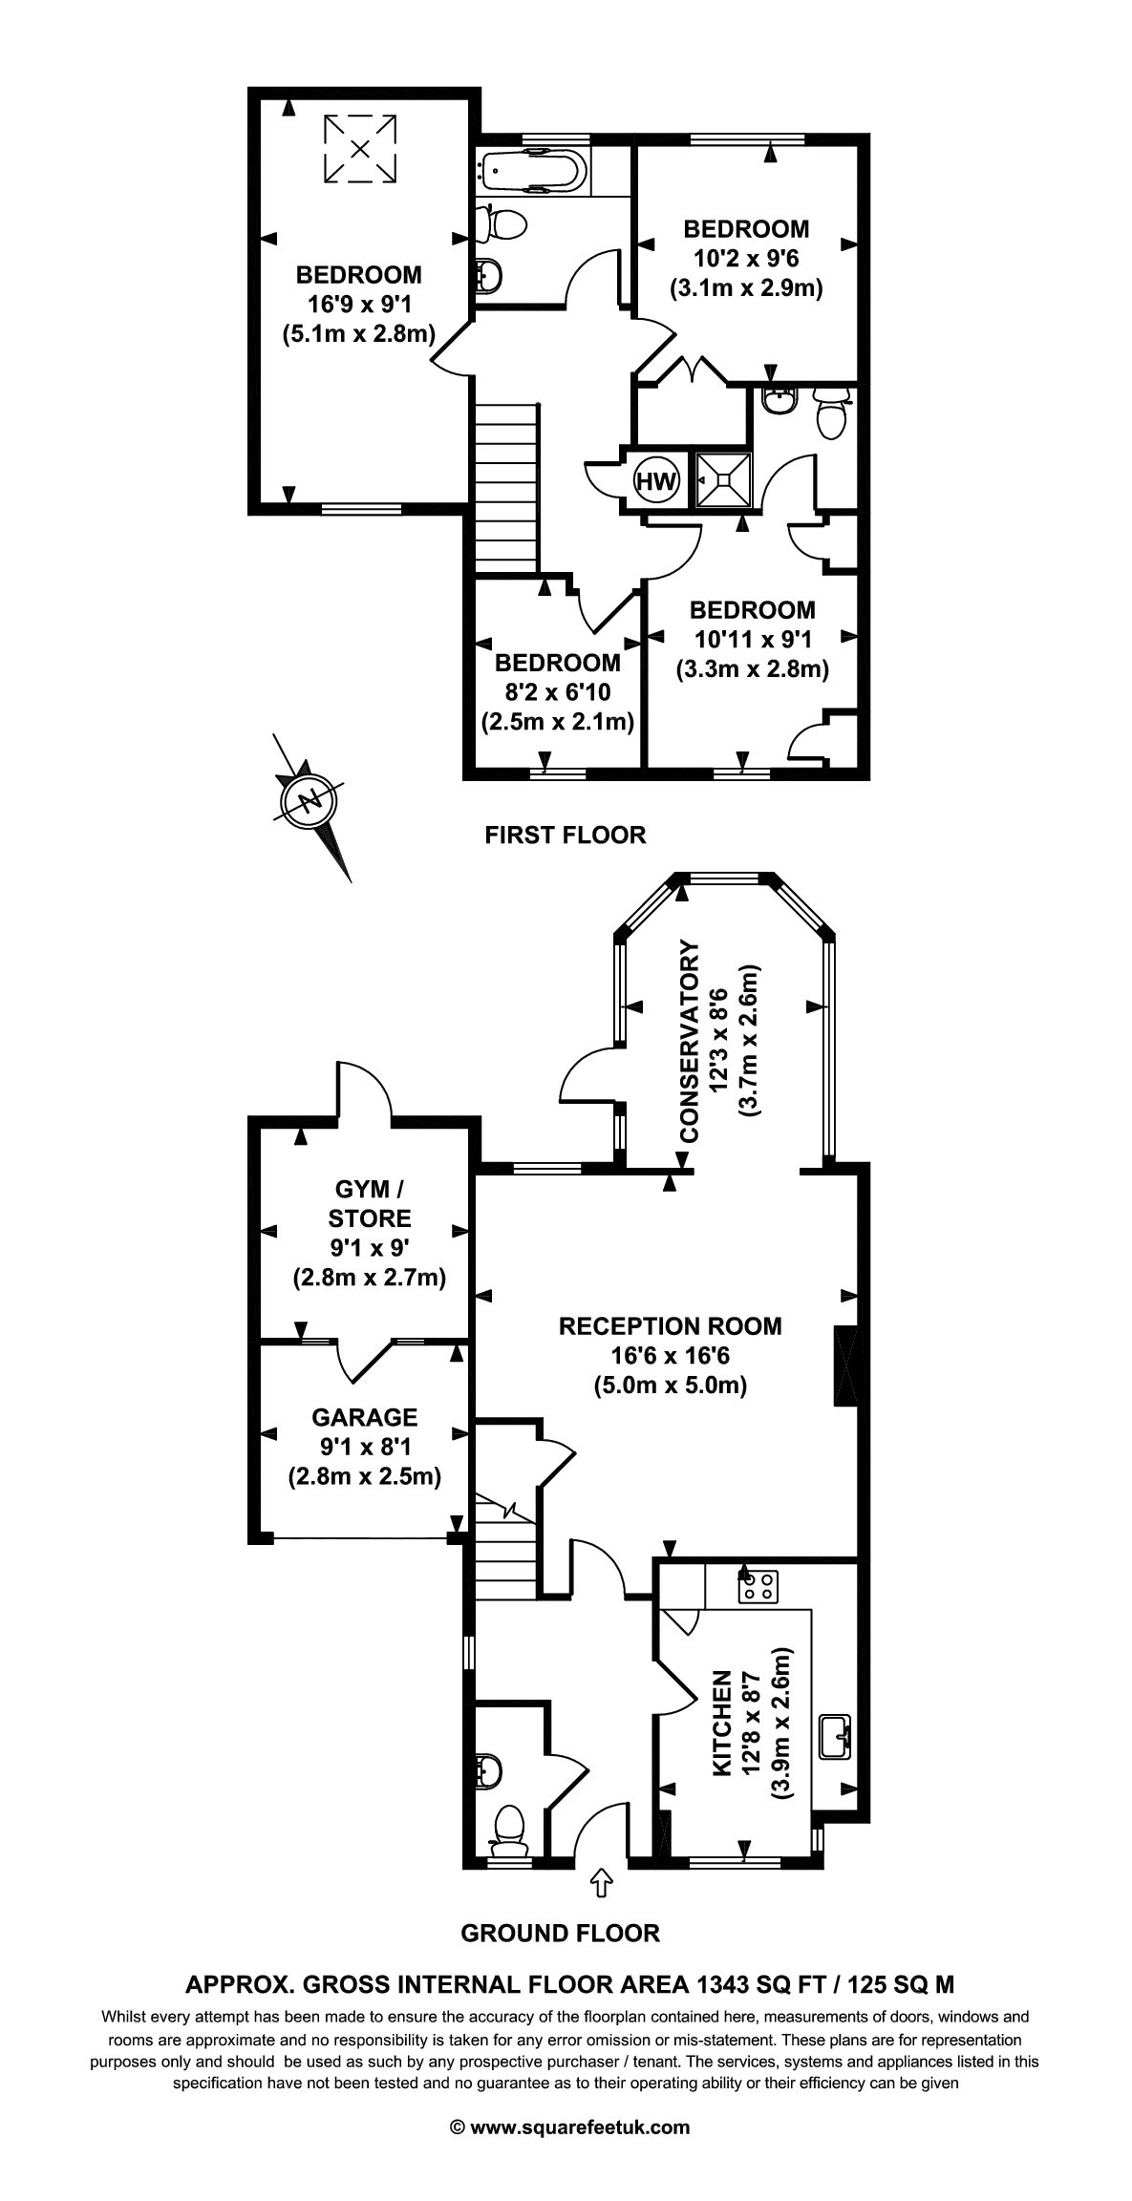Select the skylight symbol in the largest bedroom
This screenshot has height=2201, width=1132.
tap(359, 148)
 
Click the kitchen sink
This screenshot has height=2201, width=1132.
tap(834, 1736)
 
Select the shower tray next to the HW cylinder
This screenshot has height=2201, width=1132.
tap(723, 479)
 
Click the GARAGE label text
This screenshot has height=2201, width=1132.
tap(365, 1417)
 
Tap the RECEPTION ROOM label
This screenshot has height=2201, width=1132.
tap(670, 1325)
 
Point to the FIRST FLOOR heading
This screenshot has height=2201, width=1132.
tap(566, 835)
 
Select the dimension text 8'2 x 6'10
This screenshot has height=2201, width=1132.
tap(558, 692)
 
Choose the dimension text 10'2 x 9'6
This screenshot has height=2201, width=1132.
tap(745, 258)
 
